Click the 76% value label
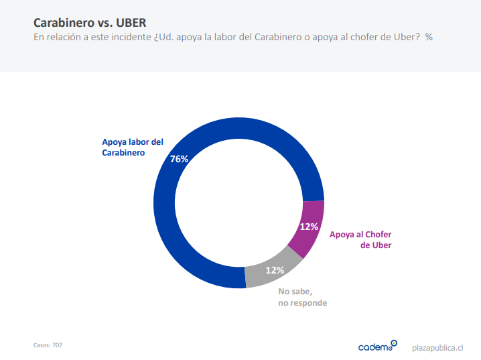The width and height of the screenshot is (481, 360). [180, 159]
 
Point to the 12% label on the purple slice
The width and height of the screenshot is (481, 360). [309, 227]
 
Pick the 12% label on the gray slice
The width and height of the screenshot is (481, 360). [275, 270]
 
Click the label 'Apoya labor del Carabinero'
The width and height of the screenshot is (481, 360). [132, 147]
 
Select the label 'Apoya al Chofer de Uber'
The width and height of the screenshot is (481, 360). [360, 239]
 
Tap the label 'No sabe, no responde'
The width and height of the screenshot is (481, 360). [302, 297]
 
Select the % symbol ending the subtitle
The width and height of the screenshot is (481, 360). [429, 37]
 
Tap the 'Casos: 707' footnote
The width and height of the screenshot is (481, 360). [48, 345]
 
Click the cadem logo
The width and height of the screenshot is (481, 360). [377, 346]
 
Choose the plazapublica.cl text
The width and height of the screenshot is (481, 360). [437, 347]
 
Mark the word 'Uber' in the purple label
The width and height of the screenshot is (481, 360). [381, 245]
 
